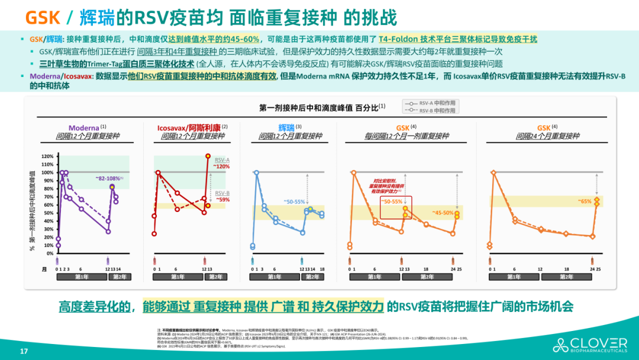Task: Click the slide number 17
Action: click(24, 351)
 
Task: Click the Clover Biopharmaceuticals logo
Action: click(590, 345)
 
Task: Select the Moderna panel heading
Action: click(84, 127)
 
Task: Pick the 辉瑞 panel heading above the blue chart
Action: click(286, 127)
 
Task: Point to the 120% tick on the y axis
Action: click(47, 156)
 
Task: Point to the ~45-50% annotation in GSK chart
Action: click(442, 212)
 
